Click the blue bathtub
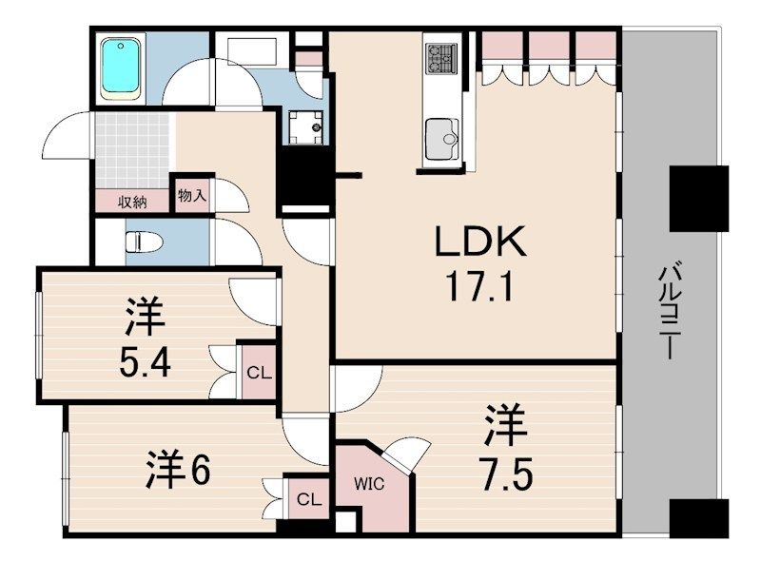(x=122, y=67)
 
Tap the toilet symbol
(x=144, y=242)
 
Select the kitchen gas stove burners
(x=441, y=59)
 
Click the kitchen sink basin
(x=441, y=140)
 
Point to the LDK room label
(x=479, y=242)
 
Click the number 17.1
(x=479, y=286)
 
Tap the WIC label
(x=369, y=484)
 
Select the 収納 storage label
(x=132, y=202)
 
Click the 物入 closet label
(x=192, y=196)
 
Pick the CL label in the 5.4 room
(x=259, y=373)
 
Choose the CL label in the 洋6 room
(x=309, y=499)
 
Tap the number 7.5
(x=506, y=474)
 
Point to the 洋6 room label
(x=178, y=469)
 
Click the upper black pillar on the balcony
(x=699, y=199)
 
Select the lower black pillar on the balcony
(x=699, y=517)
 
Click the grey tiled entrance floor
(x=132, y=151)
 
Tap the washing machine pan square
(x=305, y=127)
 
